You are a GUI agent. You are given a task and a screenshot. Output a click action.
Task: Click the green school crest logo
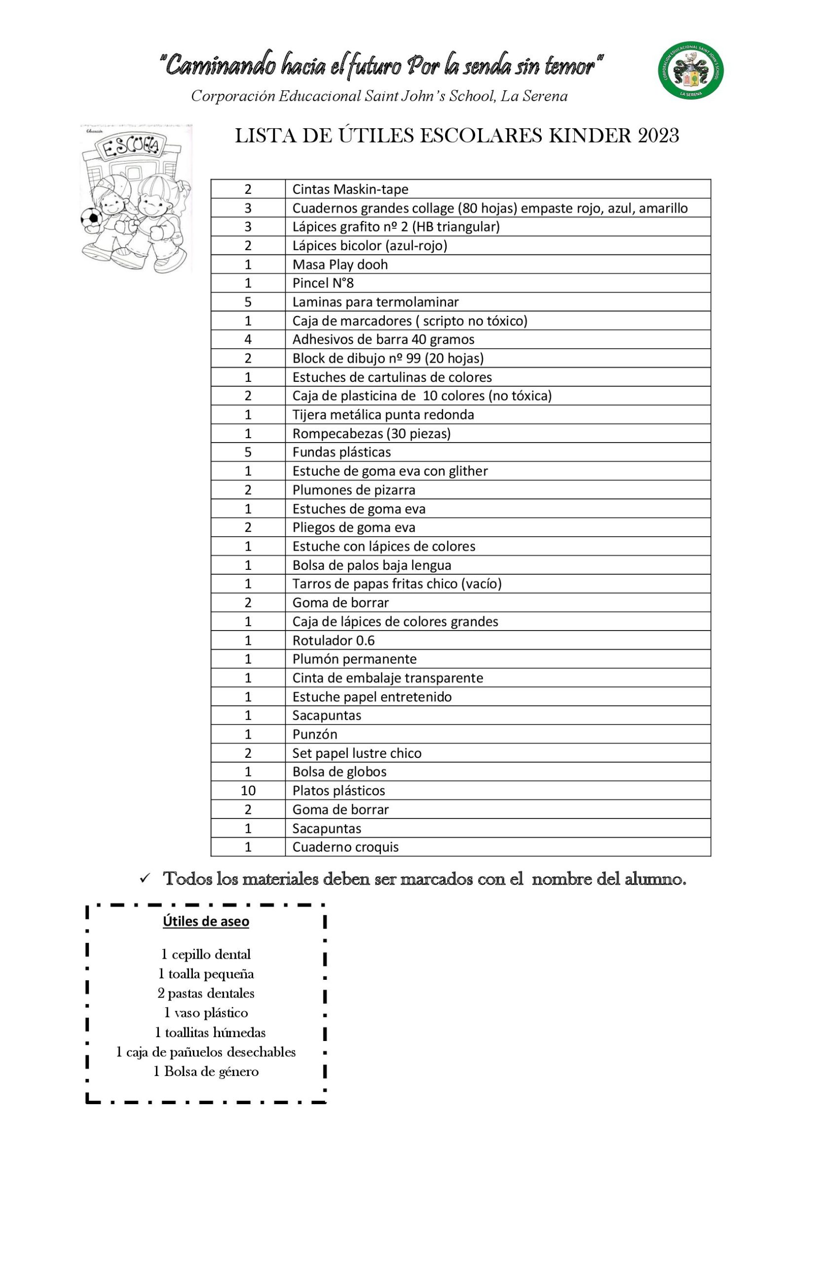[690, 70]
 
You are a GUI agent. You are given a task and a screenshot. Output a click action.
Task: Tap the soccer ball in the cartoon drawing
[91, 217]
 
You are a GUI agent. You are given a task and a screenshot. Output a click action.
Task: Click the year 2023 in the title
[658, 136]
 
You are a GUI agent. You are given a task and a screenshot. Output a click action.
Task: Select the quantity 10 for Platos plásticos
[247, 790]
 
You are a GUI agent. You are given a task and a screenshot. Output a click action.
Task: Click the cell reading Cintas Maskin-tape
[350, 189]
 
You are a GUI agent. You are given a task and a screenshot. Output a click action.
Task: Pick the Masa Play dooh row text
[340, 264]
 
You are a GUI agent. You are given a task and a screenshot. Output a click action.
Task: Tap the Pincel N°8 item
[323, 283]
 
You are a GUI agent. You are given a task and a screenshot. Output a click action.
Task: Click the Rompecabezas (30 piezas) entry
[371, 433]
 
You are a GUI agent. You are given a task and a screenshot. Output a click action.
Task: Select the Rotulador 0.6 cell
[334, 640]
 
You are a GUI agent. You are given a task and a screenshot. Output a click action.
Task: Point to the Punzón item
[315, 734]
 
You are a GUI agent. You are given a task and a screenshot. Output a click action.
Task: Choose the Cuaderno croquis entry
[345, 847]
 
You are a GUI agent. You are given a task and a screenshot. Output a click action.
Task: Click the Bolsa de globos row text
[339, 771]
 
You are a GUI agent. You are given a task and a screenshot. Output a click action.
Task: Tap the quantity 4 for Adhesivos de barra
[247, 339]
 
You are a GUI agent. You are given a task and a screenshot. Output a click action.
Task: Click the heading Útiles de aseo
[205, 921]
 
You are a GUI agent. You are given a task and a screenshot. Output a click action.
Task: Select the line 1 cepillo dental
[205, 955]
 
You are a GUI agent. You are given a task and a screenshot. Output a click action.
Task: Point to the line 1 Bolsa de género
[205, 1072]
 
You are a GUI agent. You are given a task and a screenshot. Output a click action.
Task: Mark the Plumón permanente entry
[354, 659]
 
